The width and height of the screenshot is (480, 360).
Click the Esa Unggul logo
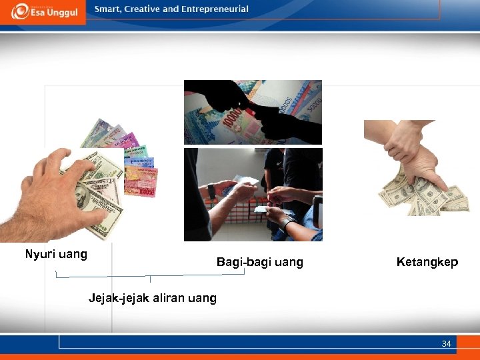point(43,11)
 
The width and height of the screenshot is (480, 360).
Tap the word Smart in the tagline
point(108,9)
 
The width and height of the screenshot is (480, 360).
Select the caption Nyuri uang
point(56,254)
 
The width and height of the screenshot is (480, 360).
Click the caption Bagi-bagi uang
point(259,262)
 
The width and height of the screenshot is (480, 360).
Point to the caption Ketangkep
point(427,262)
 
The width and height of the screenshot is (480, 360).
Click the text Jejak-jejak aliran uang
point(153,298)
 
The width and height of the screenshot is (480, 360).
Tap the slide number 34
point(446,344)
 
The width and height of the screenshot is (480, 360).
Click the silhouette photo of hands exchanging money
point(253,112)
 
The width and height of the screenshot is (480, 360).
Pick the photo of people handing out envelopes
point(253,194)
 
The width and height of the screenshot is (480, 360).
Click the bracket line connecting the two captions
point(150,275)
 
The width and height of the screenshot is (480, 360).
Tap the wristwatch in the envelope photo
point(212,191)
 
